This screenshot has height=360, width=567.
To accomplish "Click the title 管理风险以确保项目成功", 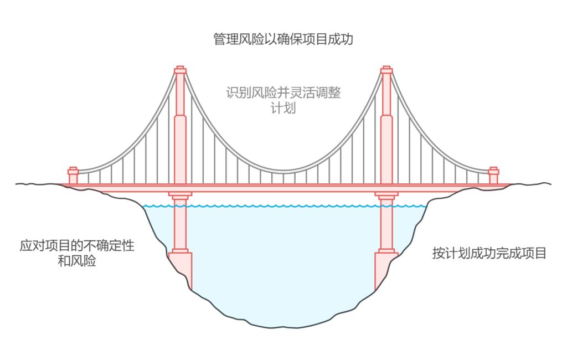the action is [x=283, y=39].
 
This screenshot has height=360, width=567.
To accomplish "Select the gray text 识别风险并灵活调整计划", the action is [x=283, y=100].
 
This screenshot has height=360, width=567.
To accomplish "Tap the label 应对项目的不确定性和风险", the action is [x=77, y=253].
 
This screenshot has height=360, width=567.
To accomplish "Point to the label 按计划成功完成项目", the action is [x=489, y=253].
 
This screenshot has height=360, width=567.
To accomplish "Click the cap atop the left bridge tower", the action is [x=180, y=70].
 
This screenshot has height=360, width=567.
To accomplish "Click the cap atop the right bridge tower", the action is [x=386, y=70].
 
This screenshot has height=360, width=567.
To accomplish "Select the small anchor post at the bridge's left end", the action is [x=73, y=175].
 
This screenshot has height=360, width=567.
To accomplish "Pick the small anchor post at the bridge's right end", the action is [x=493, y=175].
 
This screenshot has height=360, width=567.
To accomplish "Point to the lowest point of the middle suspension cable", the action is [x=283, y=170].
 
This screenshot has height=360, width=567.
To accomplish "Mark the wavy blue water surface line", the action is [x=283, y=206].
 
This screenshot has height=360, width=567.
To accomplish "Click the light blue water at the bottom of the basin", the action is [x=283, y=299].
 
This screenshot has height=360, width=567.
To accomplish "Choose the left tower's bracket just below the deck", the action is [x=181, y=195].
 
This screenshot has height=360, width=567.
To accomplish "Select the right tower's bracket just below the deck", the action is [x=386, y=195].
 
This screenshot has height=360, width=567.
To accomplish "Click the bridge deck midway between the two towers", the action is [x=283, y=188].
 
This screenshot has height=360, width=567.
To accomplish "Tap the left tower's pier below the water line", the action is [x=181, y=227].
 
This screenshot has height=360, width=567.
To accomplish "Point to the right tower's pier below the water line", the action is [x=386, y=227].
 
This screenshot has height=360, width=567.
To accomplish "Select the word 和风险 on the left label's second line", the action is [x=77, y=261].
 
